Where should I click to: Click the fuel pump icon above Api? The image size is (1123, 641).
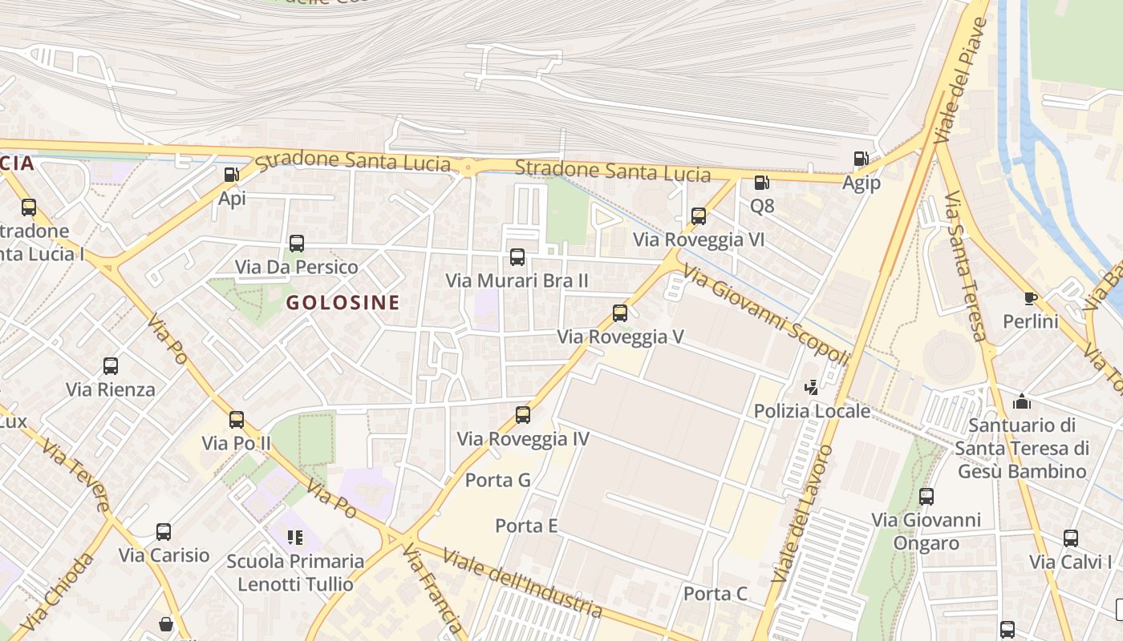point(231,174)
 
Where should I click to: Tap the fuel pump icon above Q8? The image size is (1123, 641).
point(761,183)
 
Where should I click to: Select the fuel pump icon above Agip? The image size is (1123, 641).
point(861,159)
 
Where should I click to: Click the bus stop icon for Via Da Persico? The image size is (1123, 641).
point(297,244)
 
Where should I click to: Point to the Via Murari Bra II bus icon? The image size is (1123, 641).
point(517,257)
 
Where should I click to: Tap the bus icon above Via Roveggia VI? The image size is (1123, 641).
point(699,216)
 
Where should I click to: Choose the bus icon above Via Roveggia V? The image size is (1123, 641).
point(620,313)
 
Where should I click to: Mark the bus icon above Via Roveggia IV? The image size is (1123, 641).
point(523,415)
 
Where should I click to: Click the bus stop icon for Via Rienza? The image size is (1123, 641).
point(111,366)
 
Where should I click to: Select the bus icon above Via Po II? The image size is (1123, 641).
point(237,420)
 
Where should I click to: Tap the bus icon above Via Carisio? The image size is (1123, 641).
point(164,532)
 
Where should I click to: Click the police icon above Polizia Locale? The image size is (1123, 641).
point(812,388)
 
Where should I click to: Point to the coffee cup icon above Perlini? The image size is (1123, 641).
point(1031,299)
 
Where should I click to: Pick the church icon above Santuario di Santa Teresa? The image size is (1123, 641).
point(1022,401)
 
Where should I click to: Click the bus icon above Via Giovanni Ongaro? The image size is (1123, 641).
point(926,497)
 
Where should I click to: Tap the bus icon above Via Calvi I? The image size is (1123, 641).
point(1071,538)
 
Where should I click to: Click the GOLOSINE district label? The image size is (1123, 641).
point(343,303)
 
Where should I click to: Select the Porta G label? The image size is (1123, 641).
point(498,480)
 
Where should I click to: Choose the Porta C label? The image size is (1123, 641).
point(716,594)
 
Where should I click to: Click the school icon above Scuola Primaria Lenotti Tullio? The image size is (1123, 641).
point(295,537)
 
